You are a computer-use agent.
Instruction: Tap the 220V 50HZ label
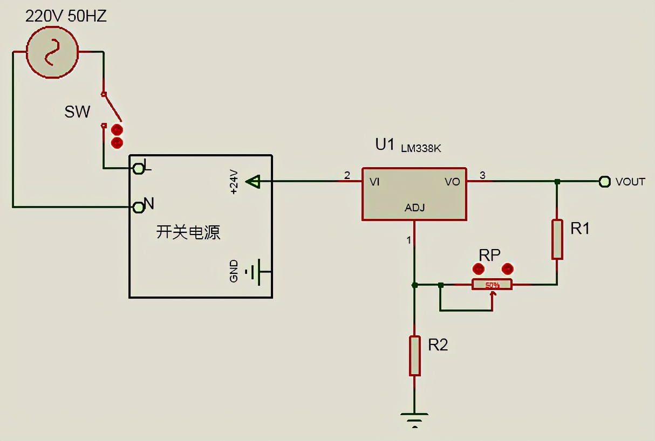tap(66, 16)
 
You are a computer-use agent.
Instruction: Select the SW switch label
tap(78, 112)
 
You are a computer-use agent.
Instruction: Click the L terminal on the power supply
tap(139, 168)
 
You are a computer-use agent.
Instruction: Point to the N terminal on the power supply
tap(139, 207)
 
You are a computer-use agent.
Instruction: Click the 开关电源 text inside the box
tap(188, 232)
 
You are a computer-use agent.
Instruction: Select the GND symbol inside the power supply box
tap(254, 271)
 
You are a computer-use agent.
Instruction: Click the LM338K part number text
tap(421, 148)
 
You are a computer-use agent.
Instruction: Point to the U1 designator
tap(385, 144)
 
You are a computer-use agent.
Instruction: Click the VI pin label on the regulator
tap(374, 182)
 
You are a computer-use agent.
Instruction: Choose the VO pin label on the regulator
tap(452, 182)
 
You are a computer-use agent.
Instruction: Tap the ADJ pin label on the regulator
tap(414, 208)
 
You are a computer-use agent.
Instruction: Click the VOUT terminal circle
tap(604, 182)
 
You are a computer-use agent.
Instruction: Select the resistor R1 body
tap(557, 239)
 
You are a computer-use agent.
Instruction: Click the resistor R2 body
tap(414, 355)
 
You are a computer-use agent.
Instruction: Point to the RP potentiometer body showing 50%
tap(492, 284)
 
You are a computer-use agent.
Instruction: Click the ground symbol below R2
tap(414, 418)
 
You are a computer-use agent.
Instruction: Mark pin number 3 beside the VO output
tap(482, 175)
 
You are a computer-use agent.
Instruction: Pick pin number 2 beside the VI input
tap(347, 175)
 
